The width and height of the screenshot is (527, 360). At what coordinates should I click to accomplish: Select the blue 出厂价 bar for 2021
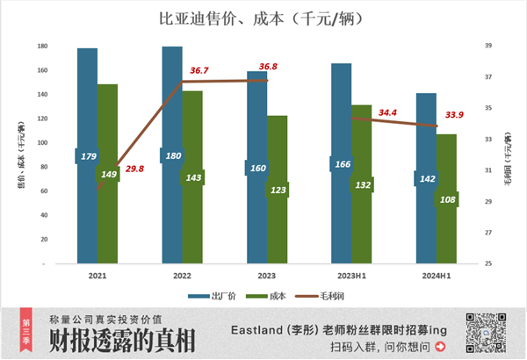tap(87, 114)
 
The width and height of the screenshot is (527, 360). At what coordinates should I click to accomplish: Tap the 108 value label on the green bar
tap(446, 199)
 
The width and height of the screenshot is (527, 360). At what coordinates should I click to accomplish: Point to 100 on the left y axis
tap(41, 142)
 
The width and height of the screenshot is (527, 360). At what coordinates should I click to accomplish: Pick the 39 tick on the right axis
tap(488, 46)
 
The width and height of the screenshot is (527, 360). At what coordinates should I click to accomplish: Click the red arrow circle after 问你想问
tap(441, 347)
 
